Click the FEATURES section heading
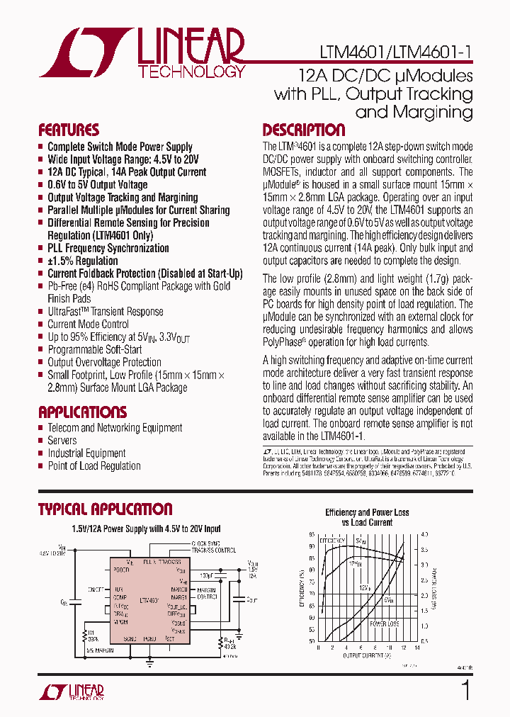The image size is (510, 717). click(69, 130)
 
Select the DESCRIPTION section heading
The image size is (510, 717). click(304, 130)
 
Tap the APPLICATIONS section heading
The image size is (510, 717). click(82, 412)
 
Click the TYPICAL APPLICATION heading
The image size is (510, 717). click(105, 509)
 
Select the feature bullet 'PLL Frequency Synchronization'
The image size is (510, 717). click(108, 248)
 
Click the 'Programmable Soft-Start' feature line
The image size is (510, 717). click(94, 349)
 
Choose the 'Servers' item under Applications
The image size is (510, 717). click(62, 441)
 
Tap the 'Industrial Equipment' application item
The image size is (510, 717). click(86, 453)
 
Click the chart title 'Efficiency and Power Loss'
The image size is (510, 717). click(367, 512)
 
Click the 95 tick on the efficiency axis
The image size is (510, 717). click(312, 535)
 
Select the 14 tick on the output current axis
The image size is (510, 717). click(416, 647)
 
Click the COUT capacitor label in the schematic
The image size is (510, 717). click(252, 599)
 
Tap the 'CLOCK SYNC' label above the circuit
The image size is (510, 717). click(205, 543)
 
